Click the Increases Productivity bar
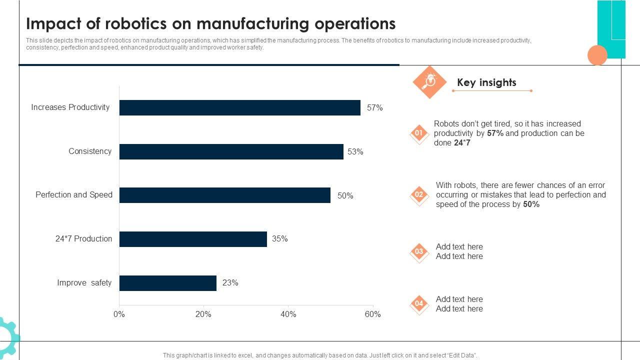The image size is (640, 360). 239,107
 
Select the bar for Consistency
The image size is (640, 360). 231,151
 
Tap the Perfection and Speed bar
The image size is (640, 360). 224,195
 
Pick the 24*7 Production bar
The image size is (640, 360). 193,239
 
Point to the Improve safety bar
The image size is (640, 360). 167,283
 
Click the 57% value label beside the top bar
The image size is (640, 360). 374,107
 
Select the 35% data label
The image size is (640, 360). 279,239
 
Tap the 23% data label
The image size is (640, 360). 230,283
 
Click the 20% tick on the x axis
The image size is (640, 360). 203,314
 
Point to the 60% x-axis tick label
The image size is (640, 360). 372,314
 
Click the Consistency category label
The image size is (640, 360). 90,151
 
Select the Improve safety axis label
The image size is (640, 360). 84,283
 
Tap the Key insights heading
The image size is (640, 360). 486,82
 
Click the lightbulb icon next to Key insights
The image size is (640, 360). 429,81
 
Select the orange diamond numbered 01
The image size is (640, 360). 419,133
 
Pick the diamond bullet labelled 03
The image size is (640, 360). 419,252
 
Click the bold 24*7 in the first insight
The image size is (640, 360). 462,143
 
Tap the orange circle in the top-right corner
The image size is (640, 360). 597,55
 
